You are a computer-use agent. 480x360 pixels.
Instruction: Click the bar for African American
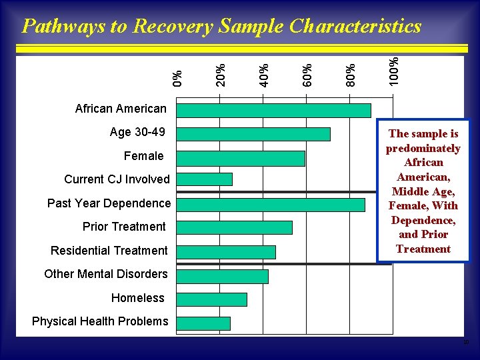pos(273,110)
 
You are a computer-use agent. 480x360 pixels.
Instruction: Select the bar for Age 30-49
pos(253,134)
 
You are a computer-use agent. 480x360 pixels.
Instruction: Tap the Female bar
pos(241,158)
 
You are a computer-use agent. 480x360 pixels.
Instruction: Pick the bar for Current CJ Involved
pos(205,179)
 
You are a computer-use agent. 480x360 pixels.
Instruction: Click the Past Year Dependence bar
pos(271,205)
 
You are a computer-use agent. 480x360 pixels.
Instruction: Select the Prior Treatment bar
pos(234,227)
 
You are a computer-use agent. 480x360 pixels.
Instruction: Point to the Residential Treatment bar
pos(226,251)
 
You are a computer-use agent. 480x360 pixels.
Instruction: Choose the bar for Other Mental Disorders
pos(222,276)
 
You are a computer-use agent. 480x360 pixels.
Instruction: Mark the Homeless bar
pos(211,299)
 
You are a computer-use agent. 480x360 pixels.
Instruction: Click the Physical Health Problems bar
pos(203,323)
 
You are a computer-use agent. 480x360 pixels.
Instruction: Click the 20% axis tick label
pos(221,74)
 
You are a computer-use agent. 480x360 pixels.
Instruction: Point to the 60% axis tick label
pos(307,74)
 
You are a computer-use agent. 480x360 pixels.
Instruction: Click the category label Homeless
pos(137,298)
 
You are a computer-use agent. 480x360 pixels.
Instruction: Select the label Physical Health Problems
pos(100,321)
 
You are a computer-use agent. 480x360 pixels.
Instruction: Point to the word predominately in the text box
pos(423,148)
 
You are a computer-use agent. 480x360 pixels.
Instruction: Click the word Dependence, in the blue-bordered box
pos(423,220)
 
